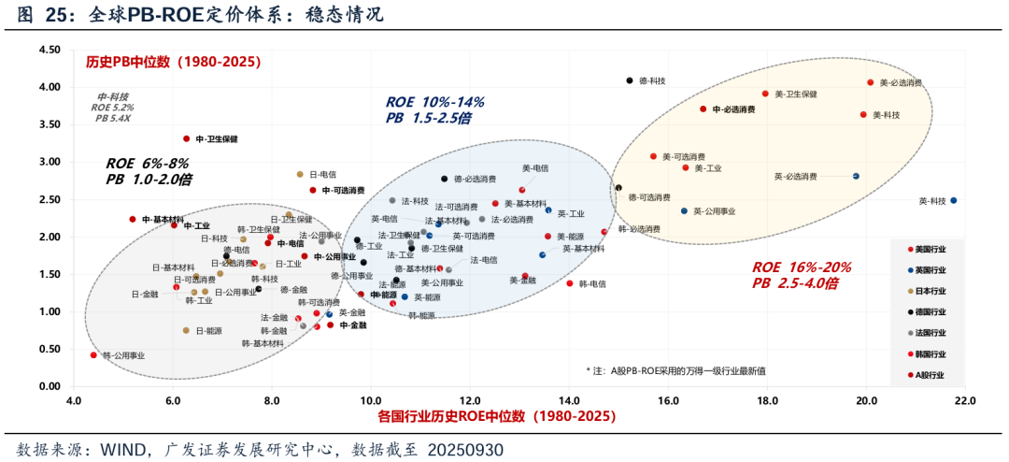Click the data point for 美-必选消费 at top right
pos(870,82)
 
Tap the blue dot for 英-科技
pos(953,200)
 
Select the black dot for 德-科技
pos(630,80)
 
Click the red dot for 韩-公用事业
pos(93,355)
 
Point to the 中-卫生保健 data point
pos(187,138)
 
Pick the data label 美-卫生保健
pos(796,94)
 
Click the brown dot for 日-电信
pos(300,174)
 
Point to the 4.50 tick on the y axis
pos(50,50)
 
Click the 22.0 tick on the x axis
pos(964,401)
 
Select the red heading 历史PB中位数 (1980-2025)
pos(173,62)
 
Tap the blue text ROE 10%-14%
pos(434,102)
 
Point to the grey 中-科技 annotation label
pos(113,96)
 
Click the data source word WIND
pos(123,450)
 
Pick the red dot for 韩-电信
pos(570,283)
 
